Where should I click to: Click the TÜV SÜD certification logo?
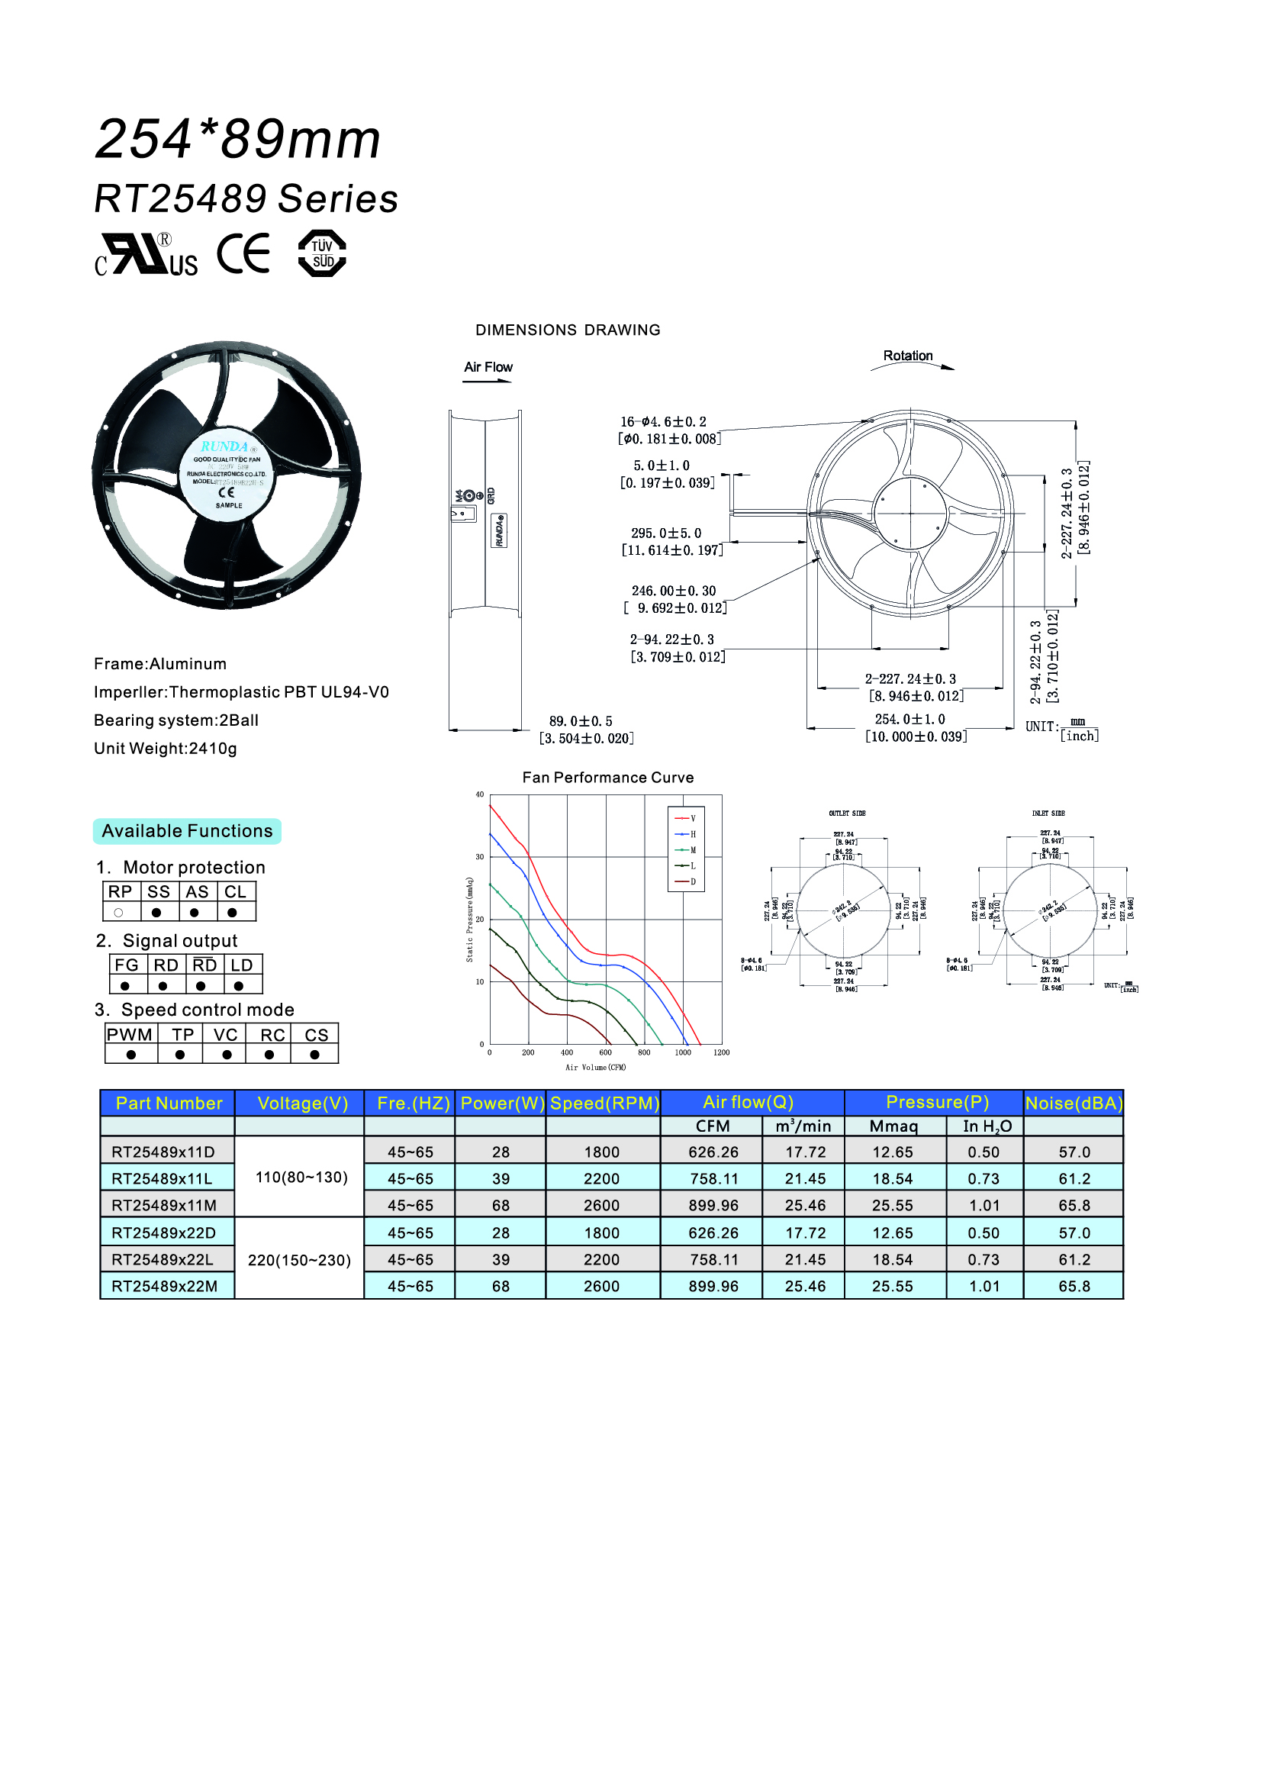tap(322, 253)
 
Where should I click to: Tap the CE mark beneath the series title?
tap(243, 253)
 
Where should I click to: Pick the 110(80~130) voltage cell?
tap(301, 1177)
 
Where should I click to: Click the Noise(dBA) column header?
tap(1074, 1103)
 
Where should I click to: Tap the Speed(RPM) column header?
tap(604, 1103)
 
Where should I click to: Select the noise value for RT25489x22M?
tap(1074, 1286)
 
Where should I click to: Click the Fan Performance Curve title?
tap(607, 778)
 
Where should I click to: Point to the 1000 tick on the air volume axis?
tap(682, 1052)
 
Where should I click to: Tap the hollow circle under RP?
tap(119, 913)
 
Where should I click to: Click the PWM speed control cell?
tap(130, 1035)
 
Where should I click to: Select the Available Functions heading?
tap(187, 831)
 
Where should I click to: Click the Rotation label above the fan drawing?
tap(908, 356)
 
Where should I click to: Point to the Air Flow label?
tap(488, 367)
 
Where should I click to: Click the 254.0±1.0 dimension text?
tap(910, 719)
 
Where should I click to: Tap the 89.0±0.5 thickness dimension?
tap(581, 721)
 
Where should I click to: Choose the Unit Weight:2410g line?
tap(166, 749)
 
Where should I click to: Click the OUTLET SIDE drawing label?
tap(847, 814)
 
